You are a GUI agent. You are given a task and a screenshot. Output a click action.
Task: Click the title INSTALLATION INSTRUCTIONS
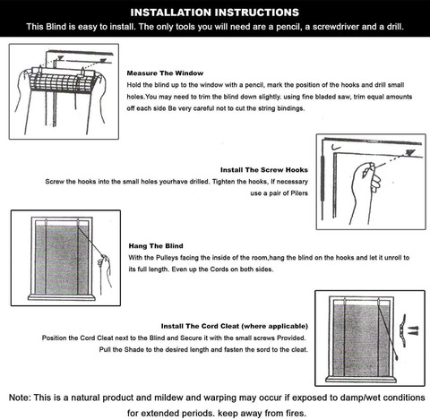click(215, 13)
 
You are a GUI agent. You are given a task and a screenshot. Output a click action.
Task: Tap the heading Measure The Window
click(165, 73)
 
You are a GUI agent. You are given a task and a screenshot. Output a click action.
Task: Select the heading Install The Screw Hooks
click(264, 170)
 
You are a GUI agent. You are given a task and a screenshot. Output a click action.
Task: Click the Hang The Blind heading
click(156, 246)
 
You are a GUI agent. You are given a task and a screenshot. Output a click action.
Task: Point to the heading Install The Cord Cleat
click(211, 326)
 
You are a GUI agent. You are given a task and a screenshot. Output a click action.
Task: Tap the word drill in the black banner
click(394, 27)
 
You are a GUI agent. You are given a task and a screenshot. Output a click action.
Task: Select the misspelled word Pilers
click(299, 193)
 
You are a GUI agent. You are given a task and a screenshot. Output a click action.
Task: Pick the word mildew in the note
click(168, 398)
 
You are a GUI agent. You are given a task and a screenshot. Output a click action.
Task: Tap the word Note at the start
click(20, 398)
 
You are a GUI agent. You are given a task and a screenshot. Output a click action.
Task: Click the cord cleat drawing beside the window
click(403, 330)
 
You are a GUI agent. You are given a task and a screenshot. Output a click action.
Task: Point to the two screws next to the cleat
click(414, 330)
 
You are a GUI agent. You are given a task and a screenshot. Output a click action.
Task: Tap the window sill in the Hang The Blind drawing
click(62, 297)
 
